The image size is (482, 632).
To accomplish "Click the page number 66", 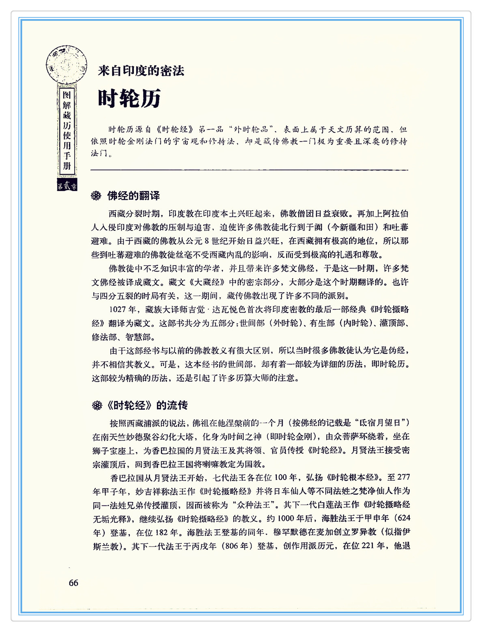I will point(73,583).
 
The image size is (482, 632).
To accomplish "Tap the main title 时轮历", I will point(129,98).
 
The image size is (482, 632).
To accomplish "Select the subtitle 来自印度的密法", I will point(141,71).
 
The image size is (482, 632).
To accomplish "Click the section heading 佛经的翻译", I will point(133,196).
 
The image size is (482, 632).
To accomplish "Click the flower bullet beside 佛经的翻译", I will point(96,196).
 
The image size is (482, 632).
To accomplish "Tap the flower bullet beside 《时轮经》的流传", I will point(97,405).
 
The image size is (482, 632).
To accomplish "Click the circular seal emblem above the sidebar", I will point(66,65).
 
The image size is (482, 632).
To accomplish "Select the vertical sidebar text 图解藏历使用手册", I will point(67,131).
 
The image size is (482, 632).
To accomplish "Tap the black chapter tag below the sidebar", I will point(67,186).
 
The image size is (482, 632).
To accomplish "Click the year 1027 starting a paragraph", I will point(118,309).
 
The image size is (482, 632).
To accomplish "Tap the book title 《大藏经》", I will point(209,282).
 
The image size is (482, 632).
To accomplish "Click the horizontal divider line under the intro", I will point(249,170).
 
